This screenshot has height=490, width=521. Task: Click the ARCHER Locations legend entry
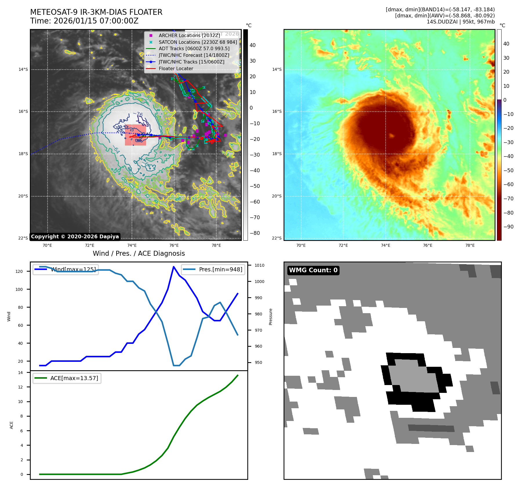point(189,35)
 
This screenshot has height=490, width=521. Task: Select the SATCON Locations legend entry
point(198,42)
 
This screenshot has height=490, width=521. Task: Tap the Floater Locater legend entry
point(176,68)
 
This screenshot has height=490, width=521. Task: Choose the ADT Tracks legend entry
point(194,49)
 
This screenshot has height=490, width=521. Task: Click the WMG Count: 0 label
point(313,270)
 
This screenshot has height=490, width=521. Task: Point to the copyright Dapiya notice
point(75,237)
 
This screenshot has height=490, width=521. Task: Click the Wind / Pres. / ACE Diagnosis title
point(139,253)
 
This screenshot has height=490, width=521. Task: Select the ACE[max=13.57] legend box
point(67,378)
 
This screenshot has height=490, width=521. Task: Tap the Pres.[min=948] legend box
point(213,269)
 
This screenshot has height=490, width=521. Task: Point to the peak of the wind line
point(174,267)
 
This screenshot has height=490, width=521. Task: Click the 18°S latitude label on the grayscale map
point(23,154)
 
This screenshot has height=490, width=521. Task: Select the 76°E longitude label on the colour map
point(428,245)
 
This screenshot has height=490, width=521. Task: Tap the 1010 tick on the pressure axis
point(259,265)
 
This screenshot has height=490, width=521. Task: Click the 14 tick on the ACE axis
point(20,373)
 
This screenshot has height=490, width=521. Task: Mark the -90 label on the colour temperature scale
point(508,227)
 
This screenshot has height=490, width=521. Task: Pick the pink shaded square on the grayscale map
point(135,135)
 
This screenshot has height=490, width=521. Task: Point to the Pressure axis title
point(271,317)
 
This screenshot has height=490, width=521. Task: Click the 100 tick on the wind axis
point(19,289)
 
